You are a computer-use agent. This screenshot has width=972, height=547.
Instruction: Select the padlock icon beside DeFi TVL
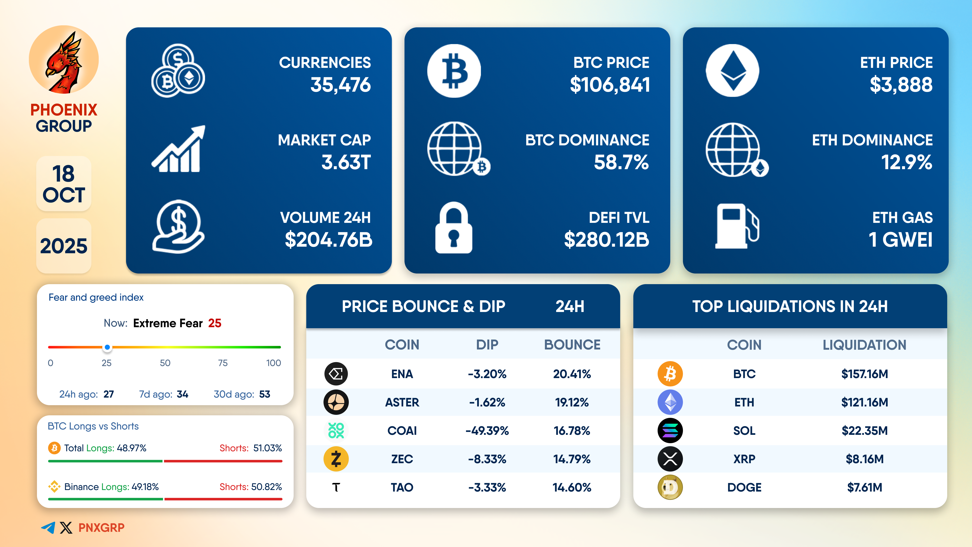click(x=454, y=228)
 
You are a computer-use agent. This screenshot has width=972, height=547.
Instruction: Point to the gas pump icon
click(x=736, y=226)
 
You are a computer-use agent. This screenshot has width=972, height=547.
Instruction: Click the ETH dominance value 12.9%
click(x=906, y=162)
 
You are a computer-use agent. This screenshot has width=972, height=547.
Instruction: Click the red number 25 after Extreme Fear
click(x=215, y=323)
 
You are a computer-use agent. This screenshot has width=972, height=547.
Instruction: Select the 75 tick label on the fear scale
click(x=223, y=363)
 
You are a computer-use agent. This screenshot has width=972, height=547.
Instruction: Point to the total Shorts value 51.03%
click(x=268, y=448)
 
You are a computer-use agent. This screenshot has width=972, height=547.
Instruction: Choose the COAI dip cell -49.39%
click(x=487, y=431)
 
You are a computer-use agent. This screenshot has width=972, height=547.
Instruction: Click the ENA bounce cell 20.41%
click(x=572, y=374)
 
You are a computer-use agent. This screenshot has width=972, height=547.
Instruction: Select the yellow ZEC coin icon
click(x=336, y=459)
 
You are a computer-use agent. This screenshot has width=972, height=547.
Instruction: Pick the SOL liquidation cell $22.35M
click(x=864, y=431)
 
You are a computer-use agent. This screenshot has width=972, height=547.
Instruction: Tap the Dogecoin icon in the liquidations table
click(x=670, y=487)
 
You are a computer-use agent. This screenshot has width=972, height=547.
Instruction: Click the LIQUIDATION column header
click(x=864, y=345)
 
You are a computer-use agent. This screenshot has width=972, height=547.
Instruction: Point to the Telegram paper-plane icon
click(x=48, y=527)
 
